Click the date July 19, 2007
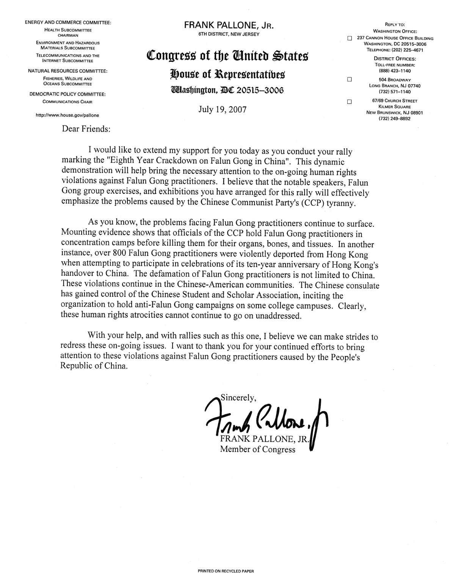[x=222, y=110]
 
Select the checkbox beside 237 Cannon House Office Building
[x=350, y=38]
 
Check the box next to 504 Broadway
[x=350, y=80]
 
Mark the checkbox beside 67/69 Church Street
[x=350, y=101]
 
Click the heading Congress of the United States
[x=227, y=56]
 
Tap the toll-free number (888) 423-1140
[x=395, y=71]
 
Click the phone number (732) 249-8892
[x=395, y=118]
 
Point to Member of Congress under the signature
[x=257, y=450]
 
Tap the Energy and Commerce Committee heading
[x=68, y=23]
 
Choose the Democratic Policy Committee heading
[x=67, y=94]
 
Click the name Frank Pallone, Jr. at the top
[x=229, y=25]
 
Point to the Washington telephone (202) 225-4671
[x=395, y=50]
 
